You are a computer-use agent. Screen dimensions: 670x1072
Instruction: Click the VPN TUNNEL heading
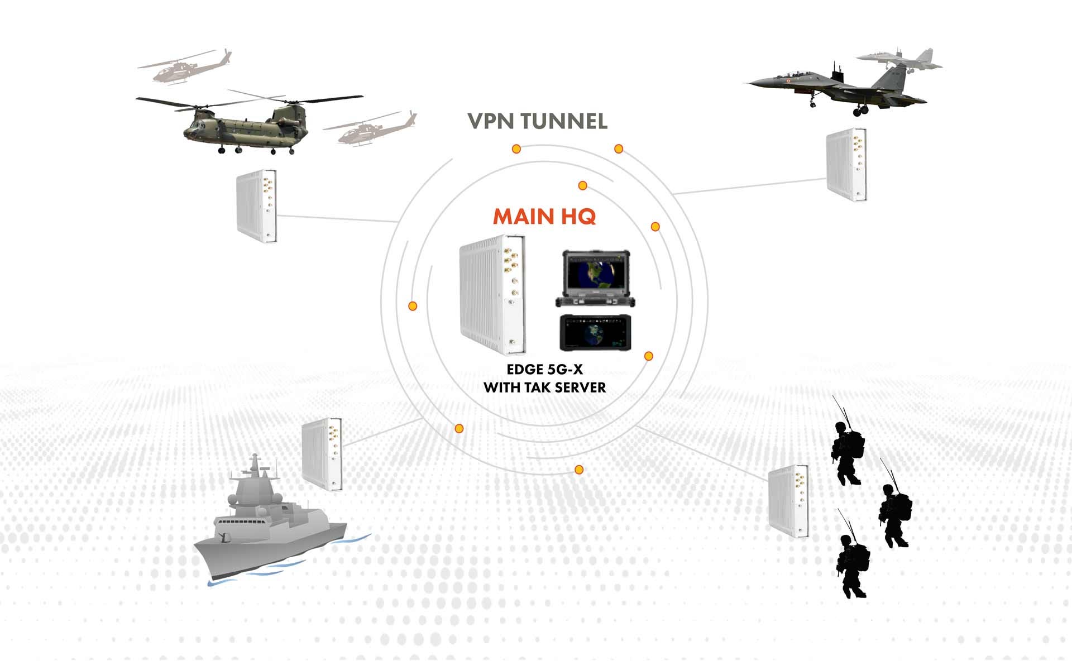[537, 121]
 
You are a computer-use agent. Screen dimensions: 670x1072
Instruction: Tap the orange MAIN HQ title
[544, 217]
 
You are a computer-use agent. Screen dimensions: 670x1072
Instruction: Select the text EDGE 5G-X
[544, 369]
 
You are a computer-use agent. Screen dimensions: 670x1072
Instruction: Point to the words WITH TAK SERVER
[544, 387]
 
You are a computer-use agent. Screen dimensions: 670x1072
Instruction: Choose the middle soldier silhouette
[896, 514]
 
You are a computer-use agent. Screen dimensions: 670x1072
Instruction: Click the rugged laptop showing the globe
[596, 278]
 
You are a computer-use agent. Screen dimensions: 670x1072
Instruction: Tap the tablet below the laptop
[596, 333]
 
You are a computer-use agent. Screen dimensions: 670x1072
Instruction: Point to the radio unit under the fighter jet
[846, 164]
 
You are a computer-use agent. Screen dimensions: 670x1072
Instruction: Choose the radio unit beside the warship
[322, 454]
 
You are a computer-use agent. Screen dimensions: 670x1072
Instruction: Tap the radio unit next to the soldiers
[788, 500]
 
